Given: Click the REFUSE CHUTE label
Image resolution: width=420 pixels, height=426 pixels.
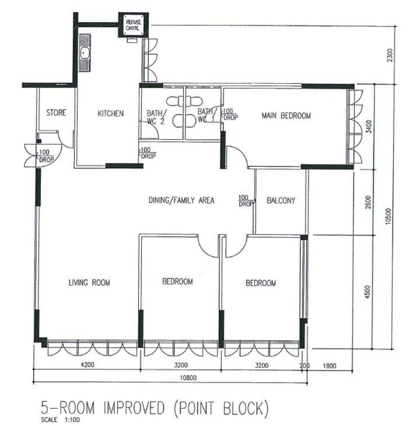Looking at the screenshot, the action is [133, 25].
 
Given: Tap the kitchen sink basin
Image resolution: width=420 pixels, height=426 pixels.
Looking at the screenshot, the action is [85, 53].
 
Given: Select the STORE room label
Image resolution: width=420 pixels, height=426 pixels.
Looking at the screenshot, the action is [56, 113].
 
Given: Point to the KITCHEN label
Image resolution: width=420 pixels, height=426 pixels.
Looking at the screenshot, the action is [111, 114].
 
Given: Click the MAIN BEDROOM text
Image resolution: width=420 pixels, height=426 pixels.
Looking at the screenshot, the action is [286, 116].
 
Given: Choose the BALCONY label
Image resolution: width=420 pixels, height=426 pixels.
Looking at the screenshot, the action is [281, 200].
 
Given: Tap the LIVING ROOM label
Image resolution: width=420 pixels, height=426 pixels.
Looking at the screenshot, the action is [89, 283].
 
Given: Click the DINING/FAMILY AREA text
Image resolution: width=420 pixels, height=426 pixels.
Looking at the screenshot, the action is [181, 200].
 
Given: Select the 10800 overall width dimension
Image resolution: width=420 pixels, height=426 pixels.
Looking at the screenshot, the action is [188, 378].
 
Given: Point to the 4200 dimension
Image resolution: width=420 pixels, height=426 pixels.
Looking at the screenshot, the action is [88, 365].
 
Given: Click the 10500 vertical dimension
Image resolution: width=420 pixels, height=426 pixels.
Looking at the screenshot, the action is [389, 216].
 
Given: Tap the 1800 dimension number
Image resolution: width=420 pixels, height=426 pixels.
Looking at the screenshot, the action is [329, 366].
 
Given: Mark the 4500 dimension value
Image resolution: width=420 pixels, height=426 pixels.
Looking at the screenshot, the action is [367, 292].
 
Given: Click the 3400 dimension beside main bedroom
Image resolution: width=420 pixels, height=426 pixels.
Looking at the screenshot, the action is [369, 127].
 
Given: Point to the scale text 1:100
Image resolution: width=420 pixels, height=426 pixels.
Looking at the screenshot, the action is [73, 419].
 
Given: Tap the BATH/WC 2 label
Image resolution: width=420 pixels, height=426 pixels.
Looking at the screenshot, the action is [156, 117].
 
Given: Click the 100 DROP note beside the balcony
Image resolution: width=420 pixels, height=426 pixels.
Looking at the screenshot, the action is [245, 201].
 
